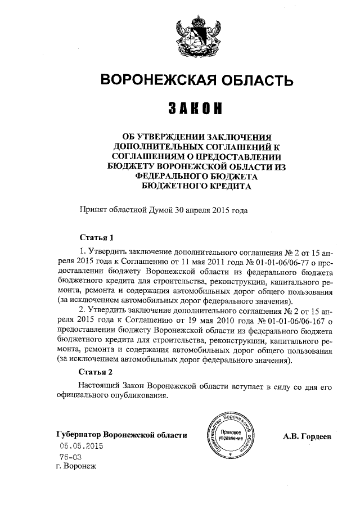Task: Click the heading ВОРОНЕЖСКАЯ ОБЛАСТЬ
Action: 196,80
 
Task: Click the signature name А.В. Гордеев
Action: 308,436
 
